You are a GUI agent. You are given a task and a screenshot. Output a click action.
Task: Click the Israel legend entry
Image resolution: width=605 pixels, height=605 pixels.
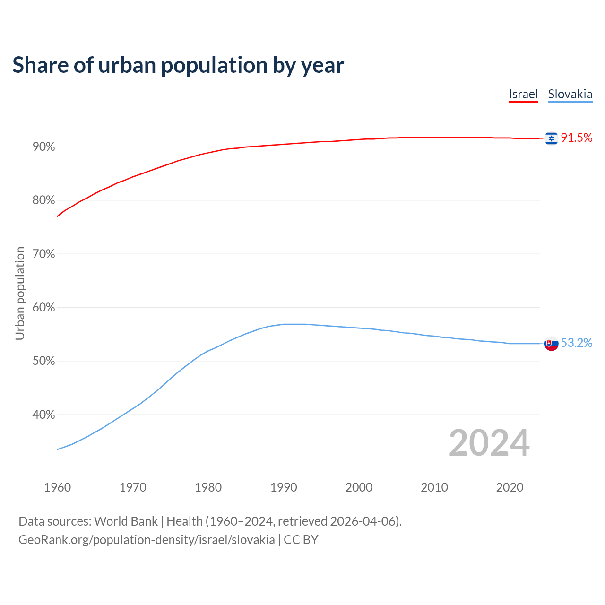tap(523, 94)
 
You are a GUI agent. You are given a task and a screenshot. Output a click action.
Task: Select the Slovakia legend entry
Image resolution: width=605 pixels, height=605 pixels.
tap(570, 94)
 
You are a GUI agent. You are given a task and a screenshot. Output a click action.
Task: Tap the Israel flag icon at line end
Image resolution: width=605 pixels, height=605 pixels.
tap(551, 138)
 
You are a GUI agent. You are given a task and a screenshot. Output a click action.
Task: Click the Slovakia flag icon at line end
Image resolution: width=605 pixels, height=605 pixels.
tap(551, 344)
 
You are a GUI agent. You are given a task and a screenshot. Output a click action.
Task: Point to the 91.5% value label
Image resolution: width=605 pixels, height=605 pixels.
tap(577, 138)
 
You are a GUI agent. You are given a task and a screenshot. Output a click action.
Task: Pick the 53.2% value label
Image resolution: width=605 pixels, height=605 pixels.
tap(577, 343)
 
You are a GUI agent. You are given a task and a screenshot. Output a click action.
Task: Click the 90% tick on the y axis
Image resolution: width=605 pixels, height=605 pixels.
tap(44, 147)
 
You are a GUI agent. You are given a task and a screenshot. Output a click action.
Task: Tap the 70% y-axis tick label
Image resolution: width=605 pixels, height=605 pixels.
tap(44, 254)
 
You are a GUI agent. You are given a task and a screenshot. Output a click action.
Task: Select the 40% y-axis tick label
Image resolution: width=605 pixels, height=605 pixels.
tap(44, 415)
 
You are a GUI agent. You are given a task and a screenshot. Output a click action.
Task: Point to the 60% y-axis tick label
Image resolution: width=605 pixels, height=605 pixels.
tap(44, 308)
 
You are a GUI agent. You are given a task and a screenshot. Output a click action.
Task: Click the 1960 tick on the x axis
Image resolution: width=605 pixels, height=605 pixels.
tap(58, 487)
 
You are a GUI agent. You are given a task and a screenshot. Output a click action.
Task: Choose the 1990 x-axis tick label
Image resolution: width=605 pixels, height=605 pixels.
tap(284, 487)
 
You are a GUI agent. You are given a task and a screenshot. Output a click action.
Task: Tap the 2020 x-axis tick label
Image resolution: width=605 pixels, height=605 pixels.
tap(510, 487)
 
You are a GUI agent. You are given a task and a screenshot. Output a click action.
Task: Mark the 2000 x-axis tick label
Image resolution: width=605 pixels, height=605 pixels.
tap(359, 487)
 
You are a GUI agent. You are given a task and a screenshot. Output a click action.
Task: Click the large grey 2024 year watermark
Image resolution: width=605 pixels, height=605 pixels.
tap(489, 443)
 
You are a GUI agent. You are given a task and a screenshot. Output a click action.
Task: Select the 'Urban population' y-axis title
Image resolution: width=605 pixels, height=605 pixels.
tap(20, 293)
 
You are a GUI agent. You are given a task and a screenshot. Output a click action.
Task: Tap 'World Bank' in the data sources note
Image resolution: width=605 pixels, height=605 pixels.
tap(126, 521)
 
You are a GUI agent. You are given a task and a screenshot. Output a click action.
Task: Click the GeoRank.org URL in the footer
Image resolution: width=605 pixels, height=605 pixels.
tap(147, 539)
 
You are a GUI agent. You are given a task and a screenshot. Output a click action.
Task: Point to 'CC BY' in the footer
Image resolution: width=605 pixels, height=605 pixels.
tap(301, 539)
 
